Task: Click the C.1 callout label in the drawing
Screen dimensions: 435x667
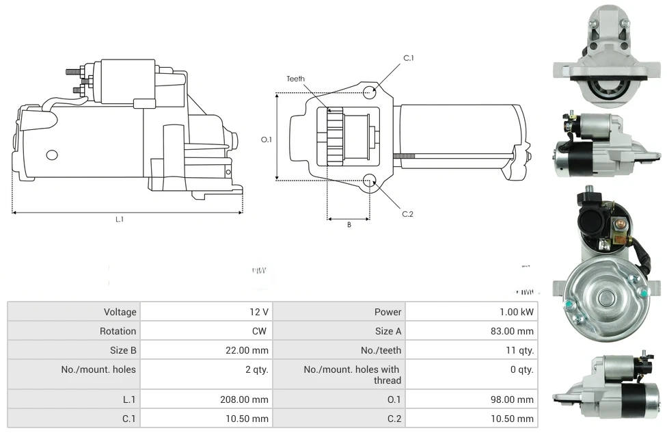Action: coord(408,58)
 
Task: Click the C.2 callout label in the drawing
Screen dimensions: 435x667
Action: coord(407,214)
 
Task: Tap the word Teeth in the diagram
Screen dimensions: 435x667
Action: coord(295,79)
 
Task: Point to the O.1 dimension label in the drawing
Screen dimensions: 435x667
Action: coord(267,140)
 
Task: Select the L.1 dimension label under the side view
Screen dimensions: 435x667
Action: coord(120,220)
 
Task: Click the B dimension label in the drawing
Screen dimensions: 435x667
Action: coord(349,225)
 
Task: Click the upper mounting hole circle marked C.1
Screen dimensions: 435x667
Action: coord(370,92)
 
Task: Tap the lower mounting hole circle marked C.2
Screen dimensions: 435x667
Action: coord(370,181)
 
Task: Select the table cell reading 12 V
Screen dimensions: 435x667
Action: coord(259,312)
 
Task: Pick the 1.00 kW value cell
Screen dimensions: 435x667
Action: coord(517,312)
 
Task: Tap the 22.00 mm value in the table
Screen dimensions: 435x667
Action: coord(250,350)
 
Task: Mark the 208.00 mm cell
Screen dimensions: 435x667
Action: coord(247,399)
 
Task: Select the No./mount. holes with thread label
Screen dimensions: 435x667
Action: coord(352,375)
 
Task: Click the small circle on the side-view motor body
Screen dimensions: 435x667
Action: coord(52,155)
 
